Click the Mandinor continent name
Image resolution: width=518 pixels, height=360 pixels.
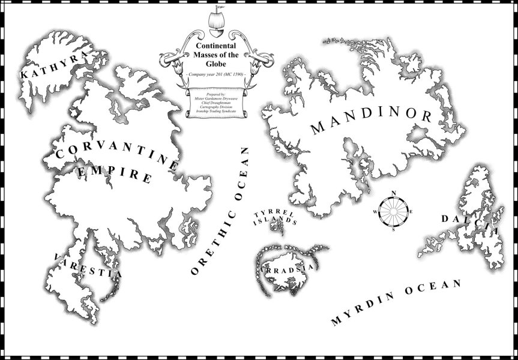372,119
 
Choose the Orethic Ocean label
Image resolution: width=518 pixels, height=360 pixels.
221,210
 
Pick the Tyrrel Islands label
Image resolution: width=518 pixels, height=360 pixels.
274,217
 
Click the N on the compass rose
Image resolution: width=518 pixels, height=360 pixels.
394,193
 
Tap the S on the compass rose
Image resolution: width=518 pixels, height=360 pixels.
394,229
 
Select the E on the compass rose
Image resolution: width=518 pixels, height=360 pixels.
411,211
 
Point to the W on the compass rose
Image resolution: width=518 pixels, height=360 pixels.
376,212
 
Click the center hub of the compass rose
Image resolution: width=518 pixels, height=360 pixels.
394,211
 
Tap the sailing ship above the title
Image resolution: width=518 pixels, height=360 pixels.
214,18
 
